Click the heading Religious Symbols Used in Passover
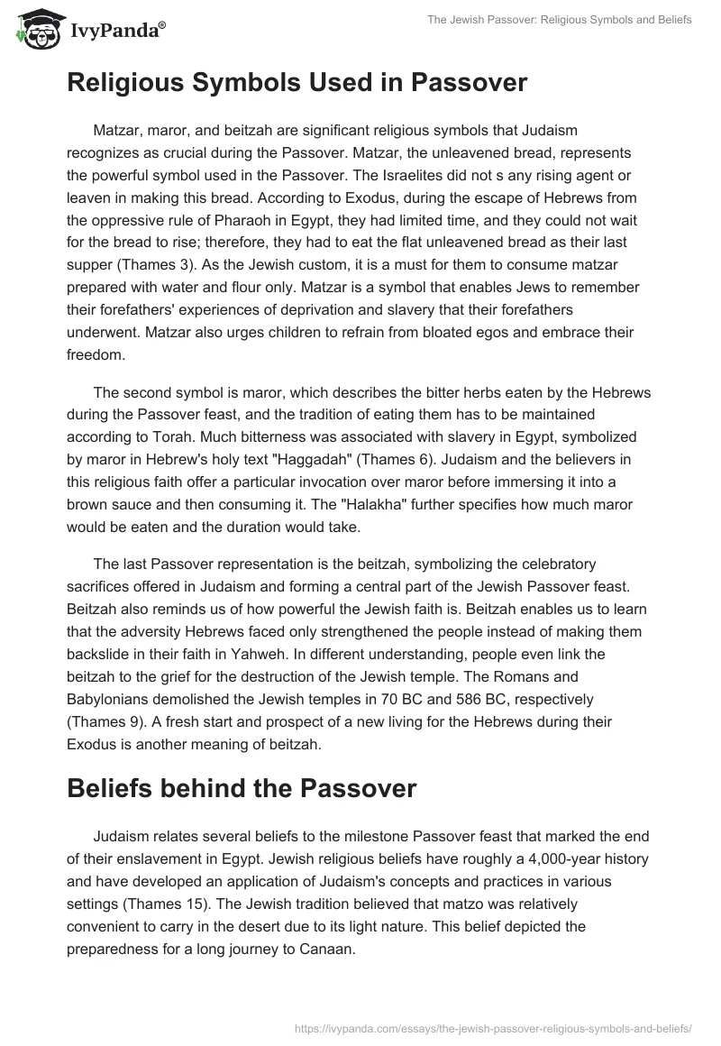(297, 83)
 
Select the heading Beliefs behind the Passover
(242, 788)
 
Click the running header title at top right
(560, 19)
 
